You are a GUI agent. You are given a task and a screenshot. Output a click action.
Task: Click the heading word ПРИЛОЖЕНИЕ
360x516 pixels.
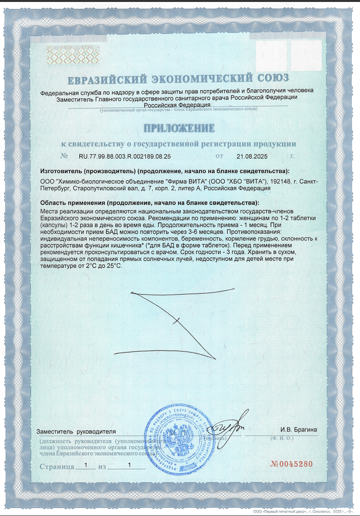point(179,129)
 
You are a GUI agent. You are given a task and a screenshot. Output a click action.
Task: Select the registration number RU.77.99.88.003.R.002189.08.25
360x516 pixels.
point(124,157)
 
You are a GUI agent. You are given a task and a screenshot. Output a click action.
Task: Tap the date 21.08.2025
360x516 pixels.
point(252,157)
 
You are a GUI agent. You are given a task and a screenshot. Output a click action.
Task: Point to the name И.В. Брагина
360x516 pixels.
point(299,430)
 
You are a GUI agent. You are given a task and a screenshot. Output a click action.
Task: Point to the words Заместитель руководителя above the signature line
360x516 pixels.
point(77,432)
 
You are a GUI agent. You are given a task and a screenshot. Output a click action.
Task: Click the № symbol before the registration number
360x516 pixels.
point(64,157)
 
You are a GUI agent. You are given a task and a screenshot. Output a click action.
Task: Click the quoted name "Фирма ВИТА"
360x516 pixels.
point(187,181)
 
